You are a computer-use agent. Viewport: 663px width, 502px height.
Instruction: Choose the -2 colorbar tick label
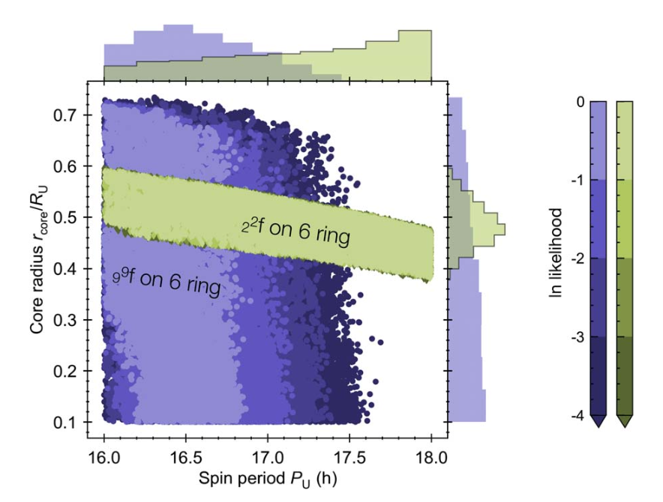click(x=576, y=258)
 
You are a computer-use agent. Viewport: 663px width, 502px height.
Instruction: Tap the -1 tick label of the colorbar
click(x=576, y=181)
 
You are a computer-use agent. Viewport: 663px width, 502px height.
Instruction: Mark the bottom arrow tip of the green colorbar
click(x=625, y=426)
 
